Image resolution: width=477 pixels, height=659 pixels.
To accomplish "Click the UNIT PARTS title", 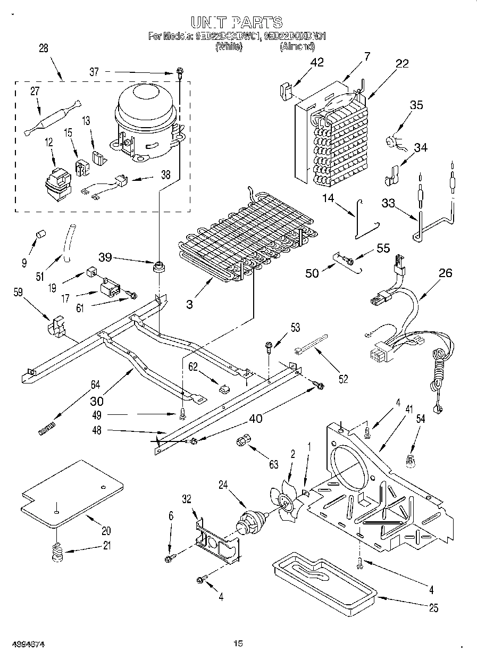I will tap(237, 22).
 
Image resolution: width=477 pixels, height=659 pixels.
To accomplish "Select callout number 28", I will tap(43, 48).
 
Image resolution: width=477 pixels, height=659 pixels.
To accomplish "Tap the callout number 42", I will tap(316, 62).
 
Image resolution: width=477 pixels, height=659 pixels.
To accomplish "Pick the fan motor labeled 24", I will tap(250, 521).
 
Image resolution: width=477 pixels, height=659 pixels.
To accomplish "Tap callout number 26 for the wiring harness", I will tap(445, 273).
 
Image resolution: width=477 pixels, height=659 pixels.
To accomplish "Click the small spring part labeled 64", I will tap(47, 427).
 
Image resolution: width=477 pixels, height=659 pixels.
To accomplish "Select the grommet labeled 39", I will tap(157, 265).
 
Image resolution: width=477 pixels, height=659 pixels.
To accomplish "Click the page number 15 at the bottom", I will tap(238, 644).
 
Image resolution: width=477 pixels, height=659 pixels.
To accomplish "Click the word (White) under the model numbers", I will tap(229, 47).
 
